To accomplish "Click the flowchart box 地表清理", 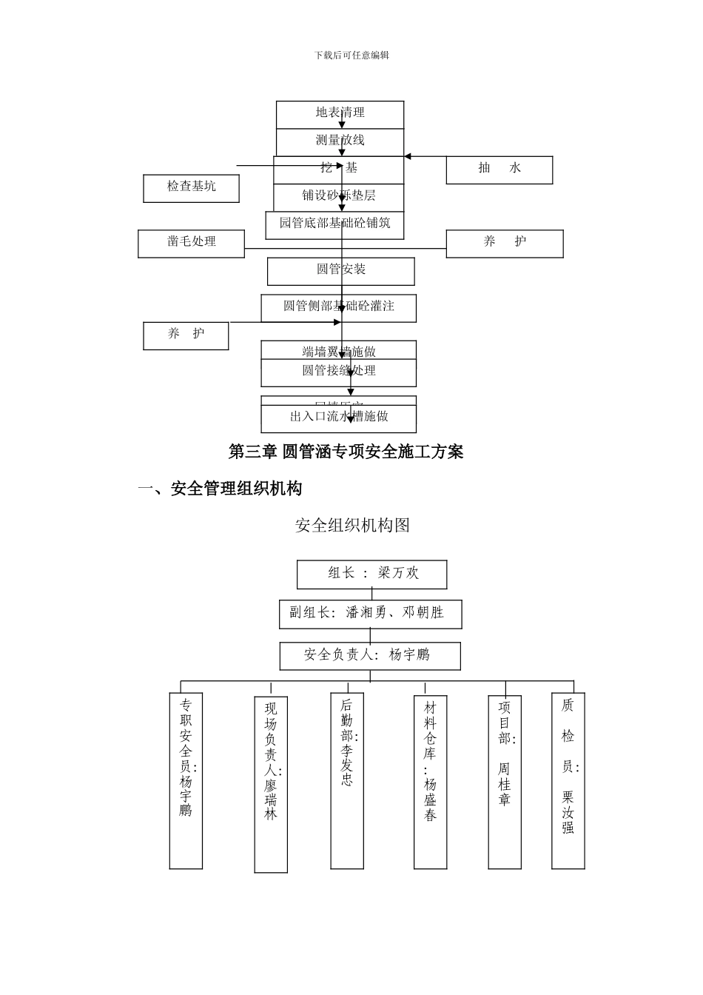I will coord(340,113).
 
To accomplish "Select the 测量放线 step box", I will coord(340,141).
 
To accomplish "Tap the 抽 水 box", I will coord(499,170).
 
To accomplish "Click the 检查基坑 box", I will coord(191,188).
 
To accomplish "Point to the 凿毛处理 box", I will coord(191,243).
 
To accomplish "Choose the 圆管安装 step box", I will coord(340,270).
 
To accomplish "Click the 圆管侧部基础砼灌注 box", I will coord(338,307).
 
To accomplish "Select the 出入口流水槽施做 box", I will coord(338,418).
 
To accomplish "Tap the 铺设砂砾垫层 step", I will coord(338,196).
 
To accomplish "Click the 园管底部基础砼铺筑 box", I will coord(334,224).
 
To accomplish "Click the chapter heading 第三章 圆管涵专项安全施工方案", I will coord(346,452).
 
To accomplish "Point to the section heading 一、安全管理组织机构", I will coord(220,489).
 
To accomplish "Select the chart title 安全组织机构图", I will coord(352,526).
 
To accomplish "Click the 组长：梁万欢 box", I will coord(371,574).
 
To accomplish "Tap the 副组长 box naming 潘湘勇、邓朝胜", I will coord(370,614).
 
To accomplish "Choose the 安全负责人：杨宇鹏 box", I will coord(369,655).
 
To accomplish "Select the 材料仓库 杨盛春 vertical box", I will coord(430,781).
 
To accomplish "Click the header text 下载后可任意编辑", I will coord(351,56).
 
